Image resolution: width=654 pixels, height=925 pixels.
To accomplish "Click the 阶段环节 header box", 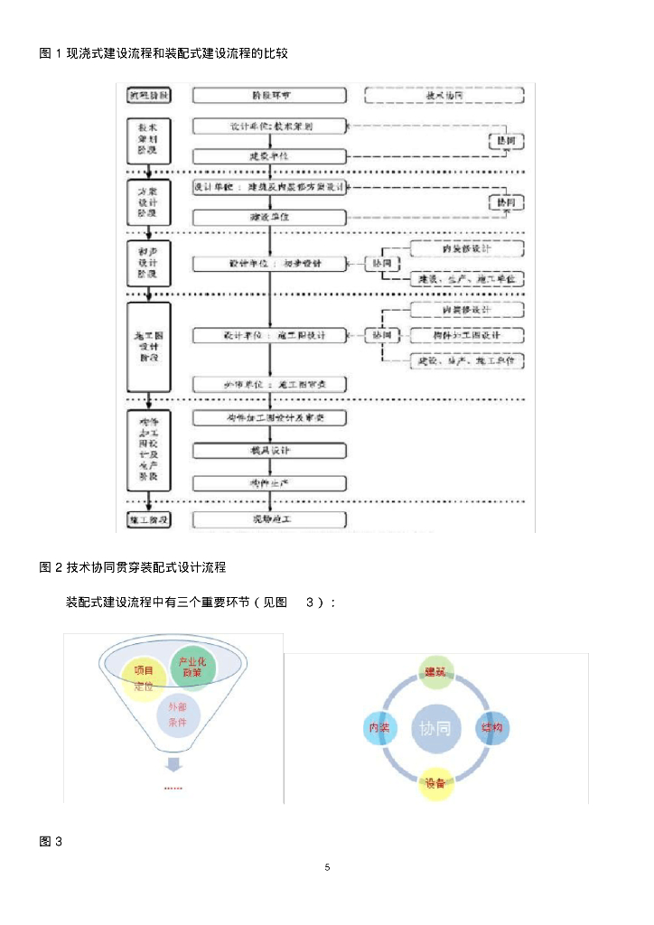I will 270,95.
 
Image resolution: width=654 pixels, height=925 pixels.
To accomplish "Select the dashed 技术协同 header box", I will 444,95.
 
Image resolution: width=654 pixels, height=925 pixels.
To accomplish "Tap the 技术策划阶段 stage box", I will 147,140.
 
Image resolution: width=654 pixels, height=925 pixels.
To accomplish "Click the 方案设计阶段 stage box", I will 147,202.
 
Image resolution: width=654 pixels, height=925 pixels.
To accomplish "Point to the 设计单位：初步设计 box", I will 270,263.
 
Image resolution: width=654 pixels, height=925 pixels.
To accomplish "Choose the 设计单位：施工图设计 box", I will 270,335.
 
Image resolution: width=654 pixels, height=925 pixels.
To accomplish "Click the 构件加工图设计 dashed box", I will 467,335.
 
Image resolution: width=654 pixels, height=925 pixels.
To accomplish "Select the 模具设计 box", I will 270,450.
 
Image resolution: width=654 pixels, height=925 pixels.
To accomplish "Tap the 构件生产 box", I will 270,484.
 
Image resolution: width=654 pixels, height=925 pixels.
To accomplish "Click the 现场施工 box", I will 270,519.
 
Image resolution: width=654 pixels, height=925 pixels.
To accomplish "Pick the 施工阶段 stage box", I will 147,519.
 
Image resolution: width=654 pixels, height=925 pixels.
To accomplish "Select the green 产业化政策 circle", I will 192,668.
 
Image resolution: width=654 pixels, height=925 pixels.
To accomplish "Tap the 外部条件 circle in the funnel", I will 177,715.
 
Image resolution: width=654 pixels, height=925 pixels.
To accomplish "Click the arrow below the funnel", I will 173,764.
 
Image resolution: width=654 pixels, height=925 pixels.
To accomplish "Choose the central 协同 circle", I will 435,728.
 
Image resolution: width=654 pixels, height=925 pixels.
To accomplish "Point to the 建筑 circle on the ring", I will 435,672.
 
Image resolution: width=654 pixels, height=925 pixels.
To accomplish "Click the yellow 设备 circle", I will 435,782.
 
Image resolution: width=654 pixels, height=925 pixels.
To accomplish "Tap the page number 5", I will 327,867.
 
